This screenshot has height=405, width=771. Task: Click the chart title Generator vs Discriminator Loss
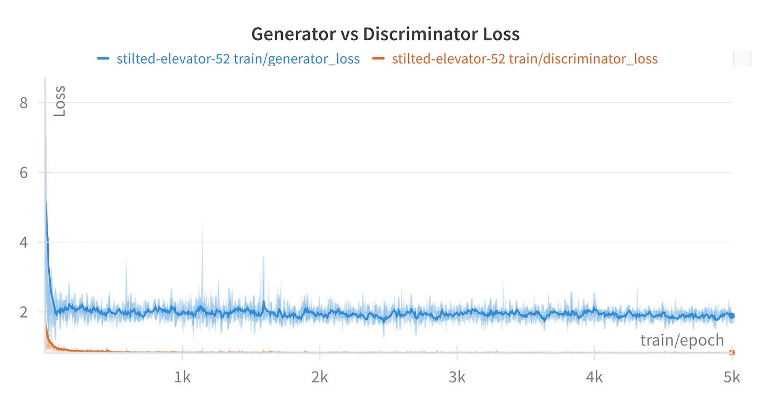tap(385, 34)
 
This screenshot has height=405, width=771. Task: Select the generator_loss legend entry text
tap(238, 59)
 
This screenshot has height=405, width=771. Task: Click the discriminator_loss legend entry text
tap(524, 59)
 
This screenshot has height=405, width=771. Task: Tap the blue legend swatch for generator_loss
tap(103, 59)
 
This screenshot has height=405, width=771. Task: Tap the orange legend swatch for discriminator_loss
tap(378, 59)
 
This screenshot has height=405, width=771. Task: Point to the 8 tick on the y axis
tap(23, 103)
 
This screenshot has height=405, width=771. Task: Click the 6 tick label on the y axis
tap(23, 173)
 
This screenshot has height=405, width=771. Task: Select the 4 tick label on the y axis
tap(23, 242)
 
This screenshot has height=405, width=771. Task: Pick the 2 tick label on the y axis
tap(23, 312)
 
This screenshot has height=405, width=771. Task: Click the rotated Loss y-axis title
tap(60, 101)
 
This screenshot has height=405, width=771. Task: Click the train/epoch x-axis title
tap(682, 340)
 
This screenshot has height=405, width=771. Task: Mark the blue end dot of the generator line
tap(731, 315)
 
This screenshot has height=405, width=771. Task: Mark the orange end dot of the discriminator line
tap(731, 353)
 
